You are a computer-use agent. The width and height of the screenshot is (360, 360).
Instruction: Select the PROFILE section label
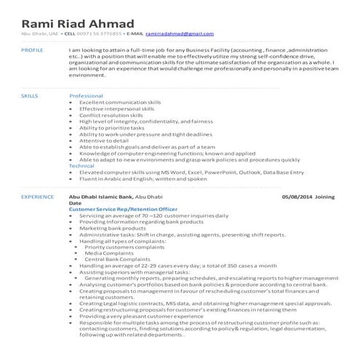click(x=33, y=49)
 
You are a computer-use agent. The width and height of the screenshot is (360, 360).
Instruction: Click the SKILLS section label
click(x=30, y=95)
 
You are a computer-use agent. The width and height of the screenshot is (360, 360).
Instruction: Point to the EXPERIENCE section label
click(x=37, y=196)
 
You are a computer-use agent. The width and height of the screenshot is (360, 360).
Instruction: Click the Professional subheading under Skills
click(x=86, y=95)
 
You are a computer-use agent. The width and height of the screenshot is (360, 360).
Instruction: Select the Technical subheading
click(x=81, y=165)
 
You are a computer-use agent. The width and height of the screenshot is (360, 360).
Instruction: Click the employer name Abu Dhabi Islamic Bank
click(x=101, y=196)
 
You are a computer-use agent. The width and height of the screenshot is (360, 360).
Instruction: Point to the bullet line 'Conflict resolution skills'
click(x=111, y=115)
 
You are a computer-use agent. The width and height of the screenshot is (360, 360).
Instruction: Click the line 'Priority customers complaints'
click(x=124, y=247)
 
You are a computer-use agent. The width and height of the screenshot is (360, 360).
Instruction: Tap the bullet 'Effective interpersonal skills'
click(x=116, y=108)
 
